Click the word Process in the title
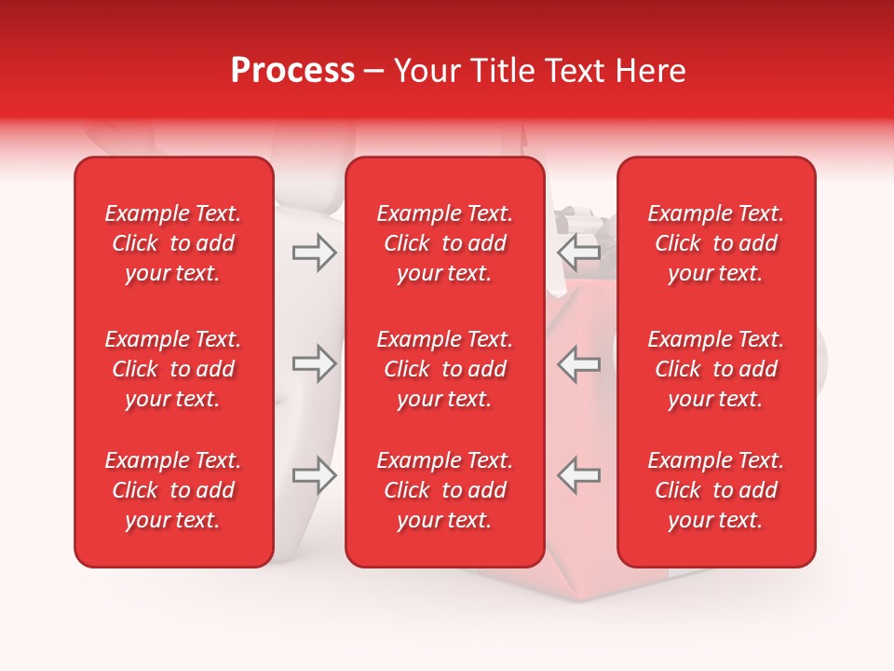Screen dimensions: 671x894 (292, 71)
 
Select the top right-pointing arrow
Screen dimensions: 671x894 (315, 252)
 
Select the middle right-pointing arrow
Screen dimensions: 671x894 (315, 363)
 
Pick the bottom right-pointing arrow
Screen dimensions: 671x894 (315, 475)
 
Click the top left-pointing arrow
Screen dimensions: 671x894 (579, 252)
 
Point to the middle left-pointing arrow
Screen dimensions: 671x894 (579, 363)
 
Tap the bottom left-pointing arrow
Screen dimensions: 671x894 (579, 475)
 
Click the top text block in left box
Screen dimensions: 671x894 (173, 243)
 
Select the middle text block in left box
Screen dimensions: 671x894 (173, 369)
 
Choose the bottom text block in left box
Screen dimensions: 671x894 (173, 490)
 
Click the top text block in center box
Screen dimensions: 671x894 (445, 243)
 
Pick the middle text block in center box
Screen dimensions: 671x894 (445, 369)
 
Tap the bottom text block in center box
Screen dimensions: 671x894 (445, 490)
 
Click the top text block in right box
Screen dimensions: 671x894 (716, 243)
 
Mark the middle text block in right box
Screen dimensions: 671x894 (716, 369)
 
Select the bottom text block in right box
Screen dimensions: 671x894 (716, 490)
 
